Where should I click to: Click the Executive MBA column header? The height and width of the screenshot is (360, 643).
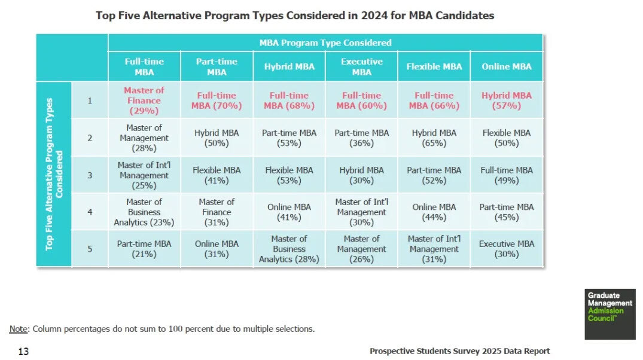pos(361,66)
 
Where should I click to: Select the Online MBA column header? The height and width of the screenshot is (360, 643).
pos(506,66)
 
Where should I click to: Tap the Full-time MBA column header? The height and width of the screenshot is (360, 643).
pos(144,66)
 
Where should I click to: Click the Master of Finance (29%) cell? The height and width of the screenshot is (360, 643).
pos(144,100)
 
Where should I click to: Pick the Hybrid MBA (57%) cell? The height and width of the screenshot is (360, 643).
pos(506,100)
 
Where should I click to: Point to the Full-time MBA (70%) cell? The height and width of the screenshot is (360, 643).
pos(217,100)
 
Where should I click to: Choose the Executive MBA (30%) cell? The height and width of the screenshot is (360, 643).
pos(506,249)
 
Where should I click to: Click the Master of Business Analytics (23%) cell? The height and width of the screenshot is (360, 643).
pos(144,212)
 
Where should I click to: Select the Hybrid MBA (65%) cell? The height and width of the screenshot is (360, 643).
pos(434,138)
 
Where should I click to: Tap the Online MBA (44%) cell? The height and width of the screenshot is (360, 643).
pos(434,212)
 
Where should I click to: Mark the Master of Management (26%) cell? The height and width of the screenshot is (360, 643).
pos(361,249)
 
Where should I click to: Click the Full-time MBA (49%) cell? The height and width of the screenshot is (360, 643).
pos(506,175)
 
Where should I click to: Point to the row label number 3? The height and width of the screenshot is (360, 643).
pos(90,175)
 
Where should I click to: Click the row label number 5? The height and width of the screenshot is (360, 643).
pos(90,249)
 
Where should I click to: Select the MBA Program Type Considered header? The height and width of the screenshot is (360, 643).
pos(325,42)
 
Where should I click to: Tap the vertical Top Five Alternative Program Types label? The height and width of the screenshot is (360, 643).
pos(54,173)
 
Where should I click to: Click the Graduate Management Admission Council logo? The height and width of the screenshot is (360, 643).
pos(610,314)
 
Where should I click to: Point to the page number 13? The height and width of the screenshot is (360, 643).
pos(23,351)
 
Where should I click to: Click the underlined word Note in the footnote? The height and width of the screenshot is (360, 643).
pos(18,328)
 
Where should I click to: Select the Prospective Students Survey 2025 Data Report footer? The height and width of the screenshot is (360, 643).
pos(459,351)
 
